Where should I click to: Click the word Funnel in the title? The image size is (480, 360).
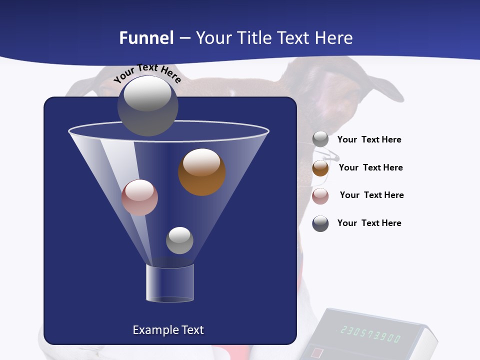click(146, 38)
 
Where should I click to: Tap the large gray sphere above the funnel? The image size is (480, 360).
click(147, 105)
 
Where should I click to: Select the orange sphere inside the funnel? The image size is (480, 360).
click(202, 172)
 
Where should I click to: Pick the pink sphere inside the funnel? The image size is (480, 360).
click(139, 197)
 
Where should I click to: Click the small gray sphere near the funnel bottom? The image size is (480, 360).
click(179, 240)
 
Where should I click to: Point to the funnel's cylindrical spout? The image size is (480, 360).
click(169, 283)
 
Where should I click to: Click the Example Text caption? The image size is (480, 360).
click(168, 330)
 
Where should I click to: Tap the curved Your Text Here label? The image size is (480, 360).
click(147, 73)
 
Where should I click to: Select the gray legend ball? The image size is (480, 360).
click(320, 139)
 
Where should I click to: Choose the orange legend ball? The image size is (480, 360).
click(320, 168)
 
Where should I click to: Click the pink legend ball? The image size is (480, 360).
click(320, 196)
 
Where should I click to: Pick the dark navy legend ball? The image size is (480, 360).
click(320, 223)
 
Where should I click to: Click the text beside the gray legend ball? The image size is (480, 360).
click(369, 140)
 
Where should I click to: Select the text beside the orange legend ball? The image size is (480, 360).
click(370, 168)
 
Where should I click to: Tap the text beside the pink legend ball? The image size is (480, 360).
click(371, 195)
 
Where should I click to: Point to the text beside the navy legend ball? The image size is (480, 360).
click(369, 223)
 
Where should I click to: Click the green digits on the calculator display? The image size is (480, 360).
click(370, 334)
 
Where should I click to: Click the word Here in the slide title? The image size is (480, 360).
click(334, 38)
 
